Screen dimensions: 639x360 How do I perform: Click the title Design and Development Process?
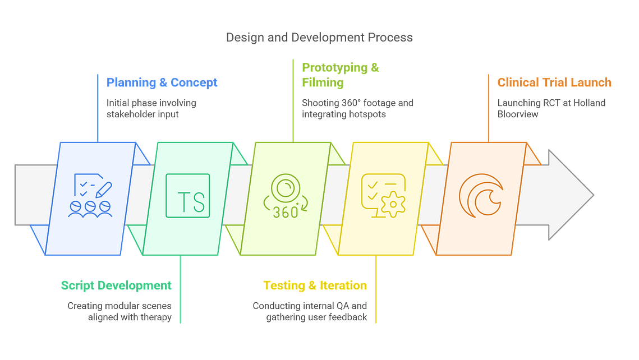pos(320,38)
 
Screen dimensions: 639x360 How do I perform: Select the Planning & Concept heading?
pos(162,82)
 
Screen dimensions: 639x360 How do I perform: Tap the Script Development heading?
pos(116,285)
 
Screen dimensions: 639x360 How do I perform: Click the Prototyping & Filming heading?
pos(341,75)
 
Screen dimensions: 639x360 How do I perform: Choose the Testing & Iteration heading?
pos(315,285)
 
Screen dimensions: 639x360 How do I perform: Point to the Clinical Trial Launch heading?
pos(554,82)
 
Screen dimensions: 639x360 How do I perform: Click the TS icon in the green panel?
pos(188,196)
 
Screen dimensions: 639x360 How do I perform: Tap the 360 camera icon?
pos(285,196)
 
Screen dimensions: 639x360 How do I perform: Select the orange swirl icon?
pos(481,196)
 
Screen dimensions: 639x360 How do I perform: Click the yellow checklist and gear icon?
pos(384,196)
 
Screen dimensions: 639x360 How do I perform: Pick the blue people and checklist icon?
pos(90,196)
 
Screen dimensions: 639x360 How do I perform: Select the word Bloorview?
pos(518,114)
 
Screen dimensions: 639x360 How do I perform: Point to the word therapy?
pos(156,317)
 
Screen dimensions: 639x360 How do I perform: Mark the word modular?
pos(121,306)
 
